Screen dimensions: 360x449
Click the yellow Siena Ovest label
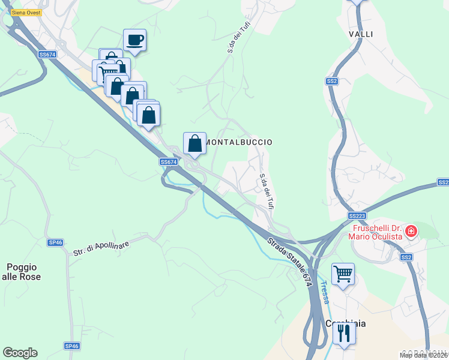[26, 12]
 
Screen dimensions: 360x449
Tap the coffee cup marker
[134, 40]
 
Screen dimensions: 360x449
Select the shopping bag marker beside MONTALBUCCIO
[194, 143]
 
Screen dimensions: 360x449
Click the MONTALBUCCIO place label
[239, 142]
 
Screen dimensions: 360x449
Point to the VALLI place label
[361, 34]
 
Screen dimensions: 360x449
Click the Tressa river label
[324, 292]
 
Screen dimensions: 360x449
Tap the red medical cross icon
[411, 230]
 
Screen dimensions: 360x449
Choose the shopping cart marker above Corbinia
[343, 274]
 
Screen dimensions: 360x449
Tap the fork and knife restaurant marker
[343, 332]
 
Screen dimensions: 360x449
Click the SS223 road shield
[357, 215]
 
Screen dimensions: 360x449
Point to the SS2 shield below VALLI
[332, 81]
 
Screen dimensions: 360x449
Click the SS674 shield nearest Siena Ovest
[47, 55]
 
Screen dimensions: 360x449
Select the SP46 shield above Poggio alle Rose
[55, 242]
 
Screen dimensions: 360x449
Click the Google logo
[20, 353]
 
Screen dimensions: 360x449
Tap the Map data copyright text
[423, 355]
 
